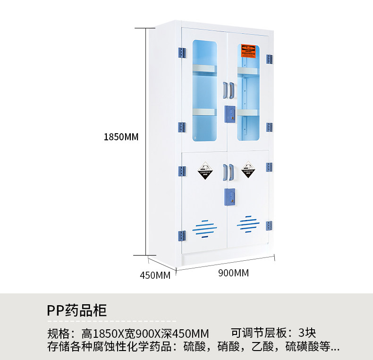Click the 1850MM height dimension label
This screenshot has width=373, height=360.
point(121,137)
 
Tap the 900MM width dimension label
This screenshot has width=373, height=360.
point(233,273)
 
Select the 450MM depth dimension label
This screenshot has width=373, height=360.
point(155,275)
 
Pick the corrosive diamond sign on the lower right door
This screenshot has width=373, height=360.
point(248,169)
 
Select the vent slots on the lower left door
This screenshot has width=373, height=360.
point(204,228)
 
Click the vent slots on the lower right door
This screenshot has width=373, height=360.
point(248,223)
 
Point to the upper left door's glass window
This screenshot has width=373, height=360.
point(204,90)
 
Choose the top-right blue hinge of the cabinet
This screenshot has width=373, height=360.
point(269,59)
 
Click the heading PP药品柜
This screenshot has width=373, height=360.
point(77,310)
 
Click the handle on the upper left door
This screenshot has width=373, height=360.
point(225,90)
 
